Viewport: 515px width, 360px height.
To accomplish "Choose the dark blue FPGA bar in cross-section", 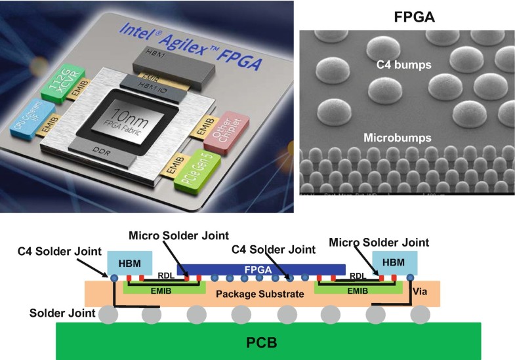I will click(x=261, y=269).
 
